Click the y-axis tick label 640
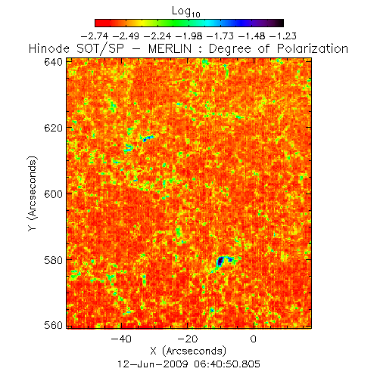pos(53,62)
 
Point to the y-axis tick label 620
pos(53,128)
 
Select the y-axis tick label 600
pos(53,194)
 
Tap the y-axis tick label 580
pos(53,260)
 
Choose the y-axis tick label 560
pos(53,326)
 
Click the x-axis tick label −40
pos(121,339)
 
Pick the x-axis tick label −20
pos(187,339)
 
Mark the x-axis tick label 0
pos(254,339)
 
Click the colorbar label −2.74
pos(95,36)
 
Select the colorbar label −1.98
pos(188,36)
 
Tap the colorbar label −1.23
pos(283,36)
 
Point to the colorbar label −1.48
pos(251,36)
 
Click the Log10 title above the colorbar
pos(186,11)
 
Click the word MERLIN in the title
pos(170,48)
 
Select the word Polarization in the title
pos(313,48)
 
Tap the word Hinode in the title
pos(49,48)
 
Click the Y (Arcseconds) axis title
pos(33,193)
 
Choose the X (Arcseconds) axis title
pos(188,351)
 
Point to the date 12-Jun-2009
pos(153,364)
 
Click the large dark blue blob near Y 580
pos(220,262)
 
